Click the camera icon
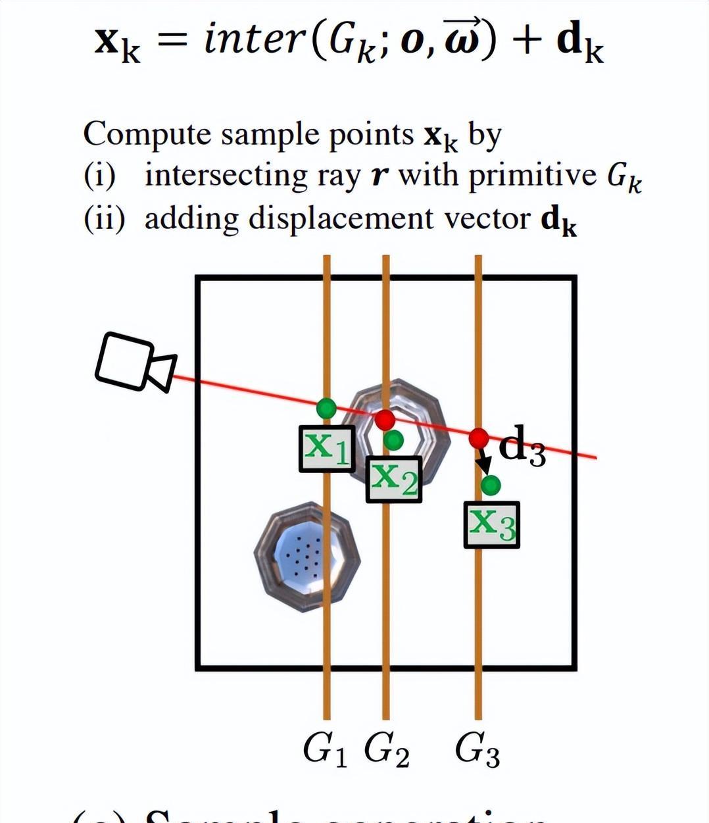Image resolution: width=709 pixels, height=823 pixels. point(135,362)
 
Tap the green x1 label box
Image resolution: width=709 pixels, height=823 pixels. point(327,449)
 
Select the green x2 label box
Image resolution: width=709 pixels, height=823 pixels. point(393,479)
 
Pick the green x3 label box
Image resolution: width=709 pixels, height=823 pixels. point(491,524)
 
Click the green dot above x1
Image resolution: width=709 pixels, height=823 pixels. point(326,409)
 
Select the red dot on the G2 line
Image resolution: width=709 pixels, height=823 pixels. point(385,419)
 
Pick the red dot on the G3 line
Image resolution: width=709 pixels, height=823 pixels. point(479,437)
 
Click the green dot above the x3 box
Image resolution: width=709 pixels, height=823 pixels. point(491,486)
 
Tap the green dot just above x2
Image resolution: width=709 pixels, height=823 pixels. point(393,440)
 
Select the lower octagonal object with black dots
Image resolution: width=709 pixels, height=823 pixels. point(307,557)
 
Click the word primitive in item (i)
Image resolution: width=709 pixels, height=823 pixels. point(532,176)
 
